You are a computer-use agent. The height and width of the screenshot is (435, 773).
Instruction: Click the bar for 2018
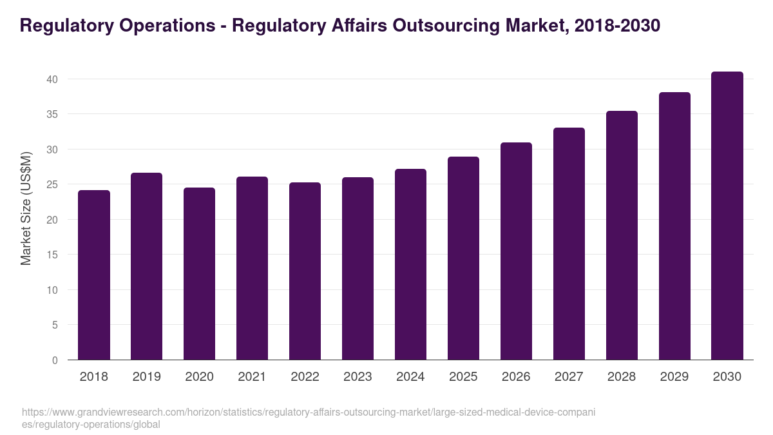click(x=94, y=275)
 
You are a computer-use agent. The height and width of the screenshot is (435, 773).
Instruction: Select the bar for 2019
click(x=147, y=266)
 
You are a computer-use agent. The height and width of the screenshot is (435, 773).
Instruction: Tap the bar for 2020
click(x=200, y=274)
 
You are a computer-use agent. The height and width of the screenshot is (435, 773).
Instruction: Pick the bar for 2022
click(x=305, y=271)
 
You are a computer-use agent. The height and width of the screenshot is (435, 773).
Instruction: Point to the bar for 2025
click(x=464, y=258)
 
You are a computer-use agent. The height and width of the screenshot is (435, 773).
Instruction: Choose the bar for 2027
click(x=569, y=244)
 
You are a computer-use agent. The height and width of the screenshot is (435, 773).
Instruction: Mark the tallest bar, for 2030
click(x=727, y=216)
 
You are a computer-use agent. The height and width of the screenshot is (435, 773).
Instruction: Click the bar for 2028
click(x=622, y=235)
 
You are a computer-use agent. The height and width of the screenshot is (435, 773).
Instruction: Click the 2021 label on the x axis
click(x=253, y=377)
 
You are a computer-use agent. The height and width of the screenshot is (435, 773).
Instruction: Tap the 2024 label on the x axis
click(x=411, y=377)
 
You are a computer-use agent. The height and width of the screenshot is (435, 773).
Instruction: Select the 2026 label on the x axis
click(x=517, y=377)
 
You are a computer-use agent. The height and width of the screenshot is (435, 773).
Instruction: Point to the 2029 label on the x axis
click(x=674, y=377)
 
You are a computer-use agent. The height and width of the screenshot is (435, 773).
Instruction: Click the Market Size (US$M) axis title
click(x=26, y=208)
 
